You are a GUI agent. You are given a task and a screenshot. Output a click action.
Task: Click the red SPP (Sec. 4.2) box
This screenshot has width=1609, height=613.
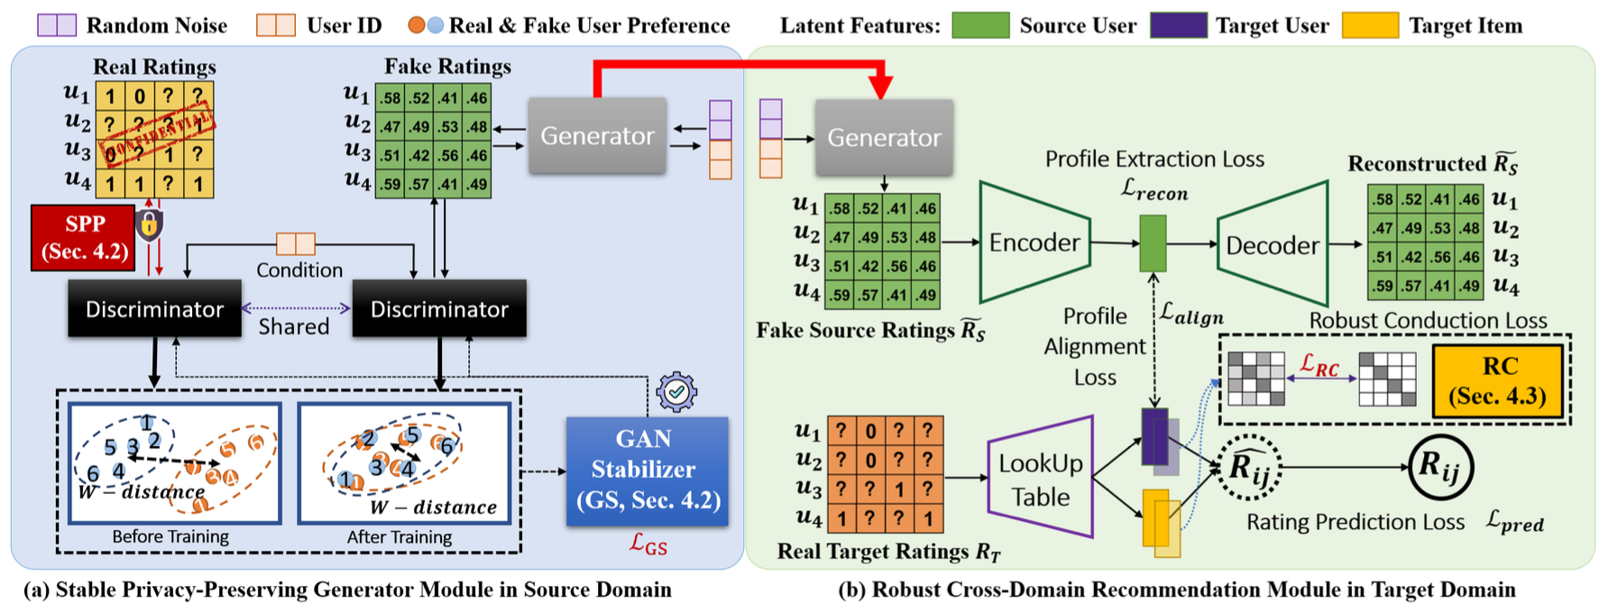[84, 237]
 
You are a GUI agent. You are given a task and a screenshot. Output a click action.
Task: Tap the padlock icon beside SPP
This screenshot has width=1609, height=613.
[150, 224]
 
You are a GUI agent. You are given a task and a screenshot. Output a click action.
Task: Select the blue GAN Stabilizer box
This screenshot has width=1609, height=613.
[647, 471]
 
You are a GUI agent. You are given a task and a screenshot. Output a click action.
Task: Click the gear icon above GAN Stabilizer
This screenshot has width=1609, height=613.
[676, 392]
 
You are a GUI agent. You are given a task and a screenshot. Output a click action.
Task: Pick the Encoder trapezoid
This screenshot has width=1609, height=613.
[1034, 242]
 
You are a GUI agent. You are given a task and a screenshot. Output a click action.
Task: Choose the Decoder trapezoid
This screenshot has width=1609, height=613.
[1272, 244]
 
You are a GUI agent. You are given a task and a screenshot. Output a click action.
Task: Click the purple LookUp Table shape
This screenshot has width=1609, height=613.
[1040, 478]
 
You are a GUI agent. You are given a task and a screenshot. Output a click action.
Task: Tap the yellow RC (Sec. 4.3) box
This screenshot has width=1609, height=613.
[1497, 380]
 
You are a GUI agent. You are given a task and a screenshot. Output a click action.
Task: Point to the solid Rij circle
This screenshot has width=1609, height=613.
[1441, 467]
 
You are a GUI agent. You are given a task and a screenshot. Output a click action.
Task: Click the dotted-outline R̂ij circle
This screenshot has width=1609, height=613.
[1249, 467]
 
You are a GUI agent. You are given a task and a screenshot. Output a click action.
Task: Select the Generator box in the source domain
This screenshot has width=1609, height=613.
[597, 136]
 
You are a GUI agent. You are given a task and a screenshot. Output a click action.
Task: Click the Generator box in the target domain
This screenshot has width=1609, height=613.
[884, 137]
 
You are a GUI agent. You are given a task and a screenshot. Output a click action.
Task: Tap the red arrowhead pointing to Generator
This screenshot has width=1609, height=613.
[881, 87]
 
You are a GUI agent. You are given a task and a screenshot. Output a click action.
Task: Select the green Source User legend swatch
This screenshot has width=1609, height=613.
[980, 25]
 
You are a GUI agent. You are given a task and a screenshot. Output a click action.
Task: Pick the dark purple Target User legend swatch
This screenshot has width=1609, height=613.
[1179, 25]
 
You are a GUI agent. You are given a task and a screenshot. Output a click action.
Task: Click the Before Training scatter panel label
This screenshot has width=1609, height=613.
[170, 537]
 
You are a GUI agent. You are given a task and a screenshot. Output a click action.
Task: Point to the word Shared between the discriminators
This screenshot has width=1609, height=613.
[294, 326]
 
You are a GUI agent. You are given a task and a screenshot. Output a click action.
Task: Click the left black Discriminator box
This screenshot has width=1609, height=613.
[154, 309]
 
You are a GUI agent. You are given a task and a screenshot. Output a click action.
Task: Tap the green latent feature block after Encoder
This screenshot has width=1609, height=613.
[1153, 243]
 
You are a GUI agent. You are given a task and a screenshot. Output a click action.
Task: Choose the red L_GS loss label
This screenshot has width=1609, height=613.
[648, 544]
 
